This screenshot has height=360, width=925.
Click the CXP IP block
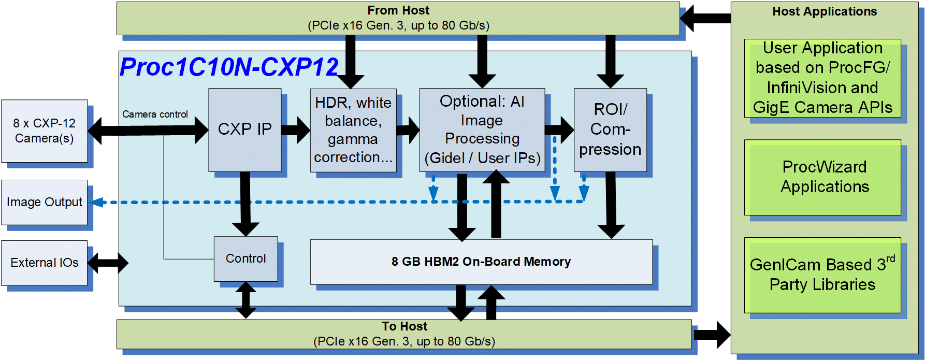pos(244,129)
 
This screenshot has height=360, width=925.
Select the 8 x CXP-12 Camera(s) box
pos(44,131)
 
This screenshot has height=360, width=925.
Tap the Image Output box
pos(44,202)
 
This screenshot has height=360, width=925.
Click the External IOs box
pos(44,263)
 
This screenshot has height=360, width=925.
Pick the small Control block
pos(245,258)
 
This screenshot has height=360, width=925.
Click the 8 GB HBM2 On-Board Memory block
pos(481,262)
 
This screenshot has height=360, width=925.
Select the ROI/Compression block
pos(610,129)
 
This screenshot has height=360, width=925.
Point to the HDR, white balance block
pos(353,129)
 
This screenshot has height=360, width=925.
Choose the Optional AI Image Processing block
pos(482,129)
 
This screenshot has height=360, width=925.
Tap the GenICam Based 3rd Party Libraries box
pos(822,275)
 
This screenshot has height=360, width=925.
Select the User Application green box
pos(822,78)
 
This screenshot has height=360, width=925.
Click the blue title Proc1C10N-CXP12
pos(229,67)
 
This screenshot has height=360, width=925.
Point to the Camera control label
pos(155,114)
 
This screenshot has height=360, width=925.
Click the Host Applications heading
pos(825,11)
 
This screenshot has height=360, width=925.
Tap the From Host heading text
pos(398,10)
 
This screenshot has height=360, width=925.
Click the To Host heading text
pos(404,326)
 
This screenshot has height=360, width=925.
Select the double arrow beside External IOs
pos(108,263)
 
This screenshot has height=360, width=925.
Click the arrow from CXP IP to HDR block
pos(296,129)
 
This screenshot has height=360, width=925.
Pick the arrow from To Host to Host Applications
pos(712,334)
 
